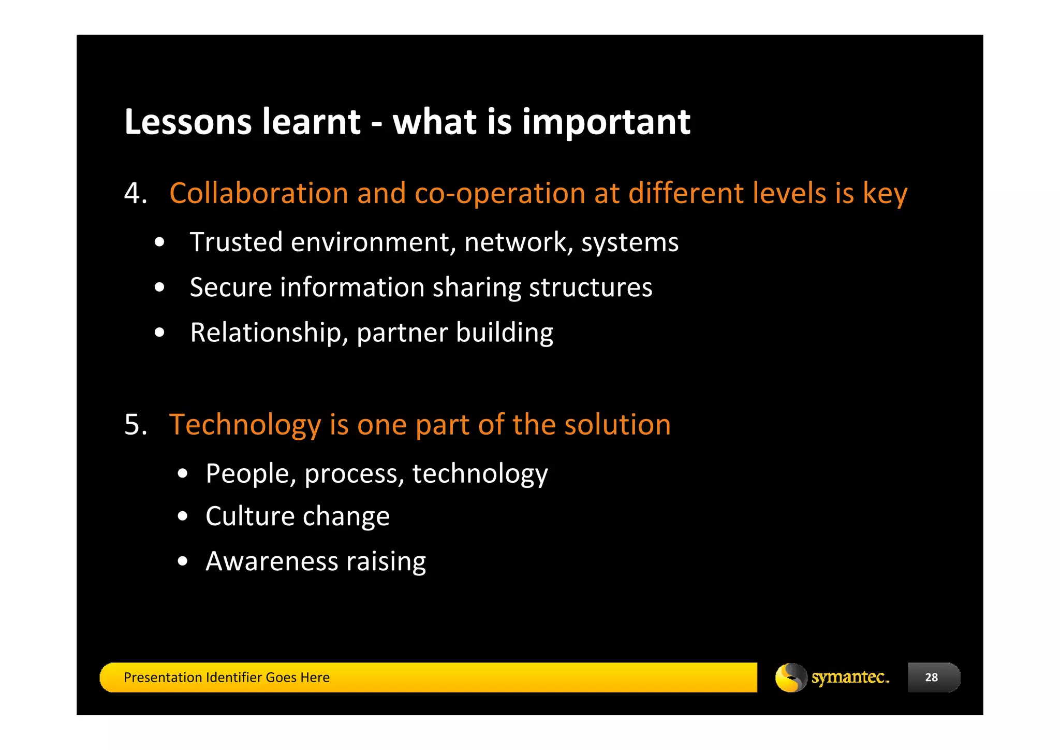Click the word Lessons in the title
pyautogui.click(x=188, y=122)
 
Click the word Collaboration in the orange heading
pyautogui.click(x=259, y=193)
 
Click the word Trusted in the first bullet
pyautogui.click(x=236, y=242)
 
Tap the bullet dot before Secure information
pyautogui.click(x=159, y=287)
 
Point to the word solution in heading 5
pyautogui.click(x=617, y=425)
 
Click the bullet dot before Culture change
pyautogui.click(x=182, y=516)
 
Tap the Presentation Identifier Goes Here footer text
pyautogui.click(x=227, y=677)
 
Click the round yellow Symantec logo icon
pyautogui.click(x=790, y=677)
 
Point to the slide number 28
pyautogui.click(x=931, y=677)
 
